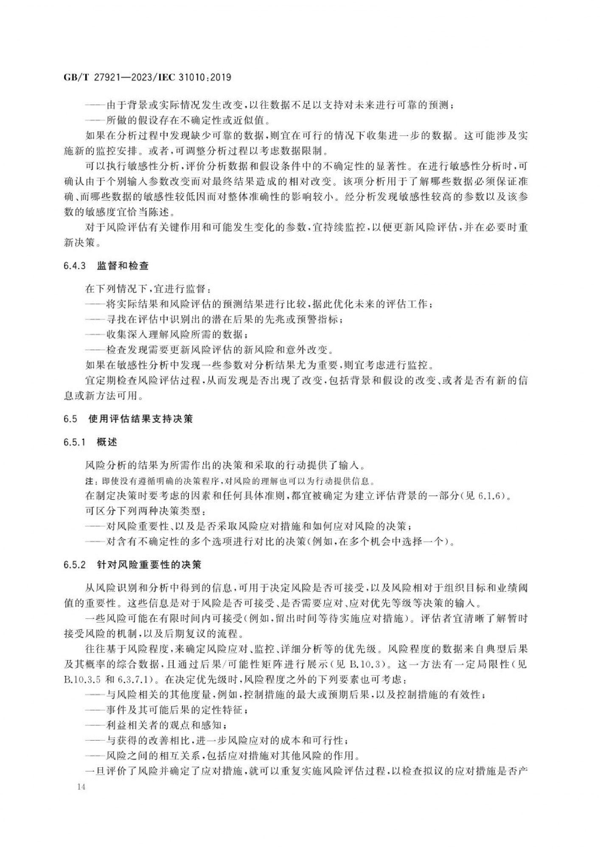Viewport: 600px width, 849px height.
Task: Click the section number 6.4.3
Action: [75, 266]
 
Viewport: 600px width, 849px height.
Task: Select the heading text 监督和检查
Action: [123, 266]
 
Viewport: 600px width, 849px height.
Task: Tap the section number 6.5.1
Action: [75, 442]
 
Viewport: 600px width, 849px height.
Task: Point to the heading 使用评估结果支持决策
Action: [140, 419]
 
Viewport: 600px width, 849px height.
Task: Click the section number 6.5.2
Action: [75, 565]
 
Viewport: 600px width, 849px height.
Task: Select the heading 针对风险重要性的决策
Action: [149, 565]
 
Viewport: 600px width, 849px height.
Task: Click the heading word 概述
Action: [107, 442]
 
